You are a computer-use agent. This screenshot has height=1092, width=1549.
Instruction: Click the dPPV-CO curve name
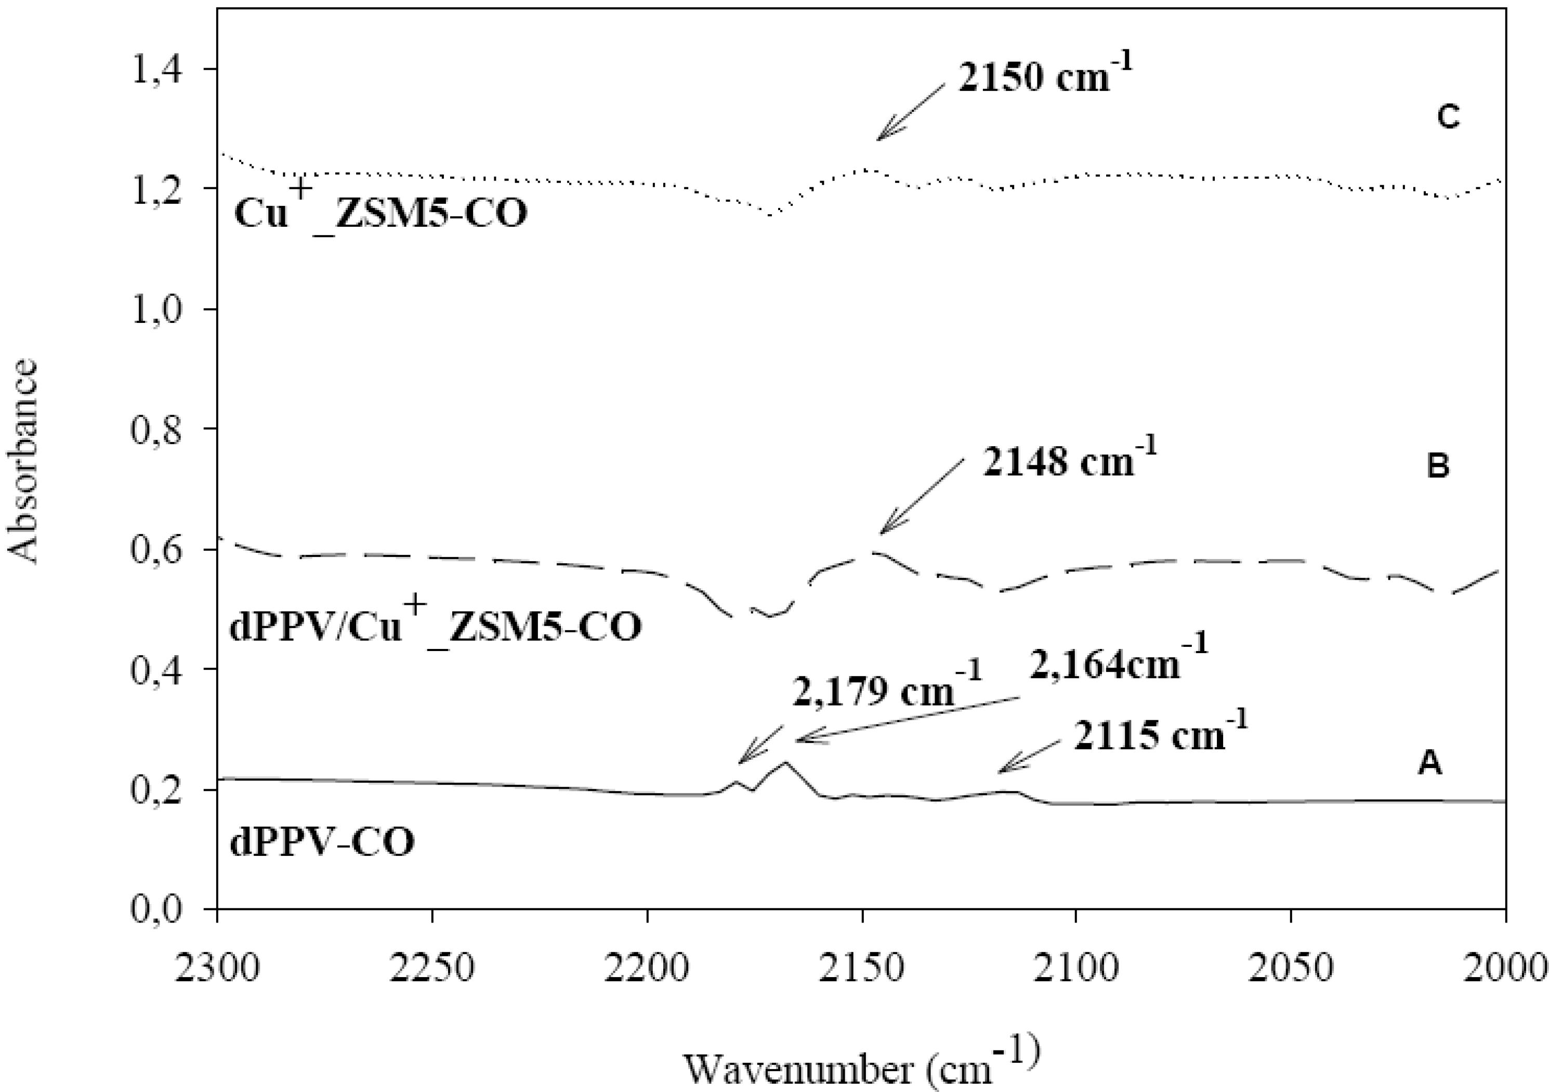click(x=322, y=843)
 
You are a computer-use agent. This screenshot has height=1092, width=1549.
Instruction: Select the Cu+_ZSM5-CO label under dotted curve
click(x=380, y=211)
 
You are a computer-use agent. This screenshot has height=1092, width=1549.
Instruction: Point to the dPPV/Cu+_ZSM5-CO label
click(x=435, y=625)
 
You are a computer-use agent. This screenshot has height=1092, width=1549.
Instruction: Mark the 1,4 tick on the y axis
click(x=156, y=70)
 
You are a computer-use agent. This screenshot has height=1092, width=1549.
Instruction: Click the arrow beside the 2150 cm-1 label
click(x=911, y=113)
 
